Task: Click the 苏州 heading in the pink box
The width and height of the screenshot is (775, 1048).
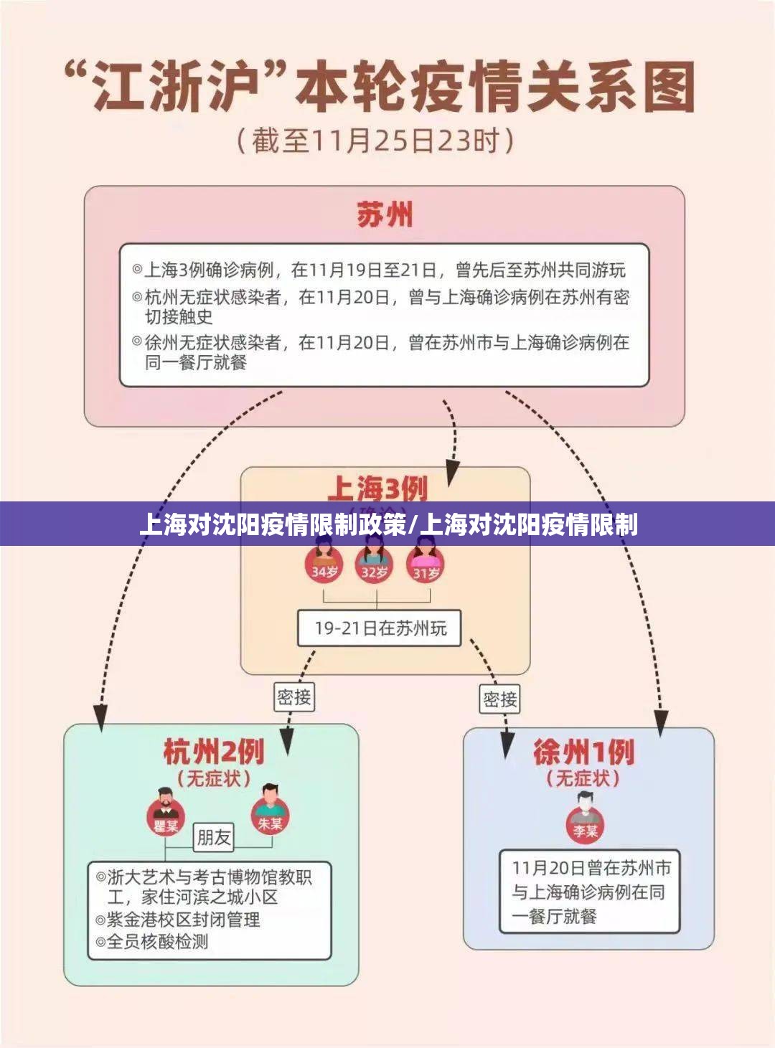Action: (x=385, y=214)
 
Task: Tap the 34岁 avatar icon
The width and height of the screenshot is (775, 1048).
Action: (x=324, y=563)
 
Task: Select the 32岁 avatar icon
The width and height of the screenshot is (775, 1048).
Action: (x=374, y=564)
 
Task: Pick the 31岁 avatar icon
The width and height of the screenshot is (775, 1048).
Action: (x=425, y=565)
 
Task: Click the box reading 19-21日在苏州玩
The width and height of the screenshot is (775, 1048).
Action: (x=380, y=628)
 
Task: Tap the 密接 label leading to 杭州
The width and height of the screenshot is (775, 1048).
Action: (x=294, y=697)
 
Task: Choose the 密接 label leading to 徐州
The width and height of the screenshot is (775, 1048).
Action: (x=499, y=699)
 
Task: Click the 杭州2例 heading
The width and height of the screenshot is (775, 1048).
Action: (x=213, y=752)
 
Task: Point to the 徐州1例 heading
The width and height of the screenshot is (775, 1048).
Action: (x=583, y=752)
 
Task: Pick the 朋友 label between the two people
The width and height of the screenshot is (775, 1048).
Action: (x=214, y=837)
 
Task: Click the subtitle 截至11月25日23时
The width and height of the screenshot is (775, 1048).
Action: (x=375, y=140)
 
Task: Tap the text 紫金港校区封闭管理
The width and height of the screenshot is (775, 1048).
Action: (x=184, y=919)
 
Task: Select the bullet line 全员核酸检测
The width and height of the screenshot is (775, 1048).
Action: (x=157, y=941)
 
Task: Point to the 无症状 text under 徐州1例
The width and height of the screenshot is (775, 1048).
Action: (x=583, y=778)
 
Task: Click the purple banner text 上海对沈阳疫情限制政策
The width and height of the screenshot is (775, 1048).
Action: (x=273, y=524)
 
